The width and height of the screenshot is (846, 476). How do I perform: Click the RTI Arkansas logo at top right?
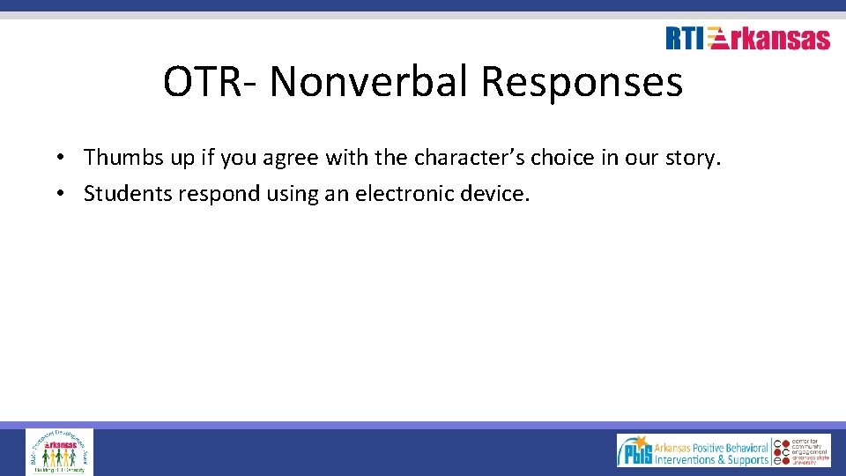click(x=747, y=39)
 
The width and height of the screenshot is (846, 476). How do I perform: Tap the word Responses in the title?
click(x=582, y=82)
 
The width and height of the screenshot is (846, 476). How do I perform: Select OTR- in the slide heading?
click(x=211, y=82)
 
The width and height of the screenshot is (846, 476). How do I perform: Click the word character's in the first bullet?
click(x=471, y=158)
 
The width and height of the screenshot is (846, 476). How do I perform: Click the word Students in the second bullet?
click(x=127, y=193)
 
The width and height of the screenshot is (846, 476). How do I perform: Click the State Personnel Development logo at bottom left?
click(x=59, y=451)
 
